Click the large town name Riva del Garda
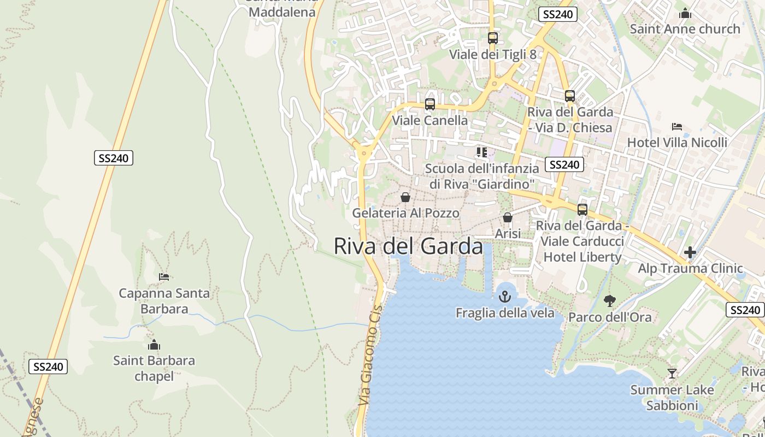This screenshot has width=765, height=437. [x=408, y=246]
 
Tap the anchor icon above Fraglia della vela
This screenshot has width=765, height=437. [x=505, y=297]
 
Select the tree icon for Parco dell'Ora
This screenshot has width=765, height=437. [x=609, y=300]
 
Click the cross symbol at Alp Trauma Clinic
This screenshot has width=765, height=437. [x=690, y=252]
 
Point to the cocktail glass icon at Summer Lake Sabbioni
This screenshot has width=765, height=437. [x=672, y=374]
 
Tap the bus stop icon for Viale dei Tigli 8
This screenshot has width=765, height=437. [x=492, y=38]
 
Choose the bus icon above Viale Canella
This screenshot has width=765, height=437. [x=430, y=104]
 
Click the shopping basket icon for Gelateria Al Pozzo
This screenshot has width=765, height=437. [x=405, y=197]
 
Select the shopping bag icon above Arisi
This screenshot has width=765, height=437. [x=508, y=217]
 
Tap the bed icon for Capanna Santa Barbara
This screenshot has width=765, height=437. [x=164, y=277]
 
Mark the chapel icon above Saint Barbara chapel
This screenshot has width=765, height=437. [x=154, y=345]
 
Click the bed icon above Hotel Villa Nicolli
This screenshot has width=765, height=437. [x=677, y=127]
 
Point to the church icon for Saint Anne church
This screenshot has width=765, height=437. [x=685, y=13]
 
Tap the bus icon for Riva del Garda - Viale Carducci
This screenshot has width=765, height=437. [x=582, y=210]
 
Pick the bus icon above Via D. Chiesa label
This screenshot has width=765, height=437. [x=570, y=96]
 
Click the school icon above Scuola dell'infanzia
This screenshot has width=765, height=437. [x=481, y=152]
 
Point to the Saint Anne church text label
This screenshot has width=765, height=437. [x=685, y=29]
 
